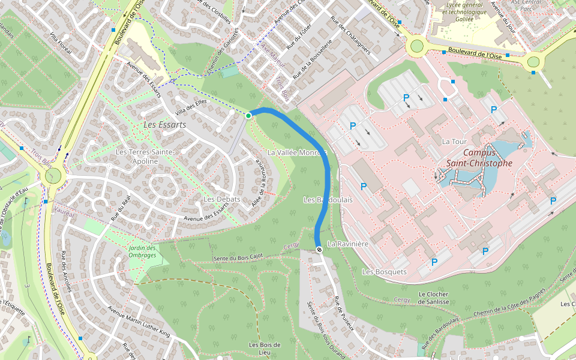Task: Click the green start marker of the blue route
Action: pos(248,115)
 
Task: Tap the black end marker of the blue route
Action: pos(319,250)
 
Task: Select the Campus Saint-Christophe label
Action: pos(479,157)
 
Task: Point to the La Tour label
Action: pos(454,142)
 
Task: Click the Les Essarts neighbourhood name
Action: pos(165,125)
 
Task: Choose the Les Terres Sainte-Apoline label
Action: pos(145,157)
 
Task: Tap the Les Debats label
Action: pos(221,199)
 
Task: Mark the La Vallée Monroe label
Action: pos(297,152)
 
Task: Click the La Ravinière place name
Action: pos(348,244)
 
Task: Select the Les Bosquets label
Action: pos(384,272)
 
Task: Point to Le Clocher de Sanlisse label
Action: pos(434,298)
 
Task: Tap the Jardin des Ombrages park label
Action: pos(142,251)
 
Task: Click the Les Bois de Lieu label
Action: pos(265,349)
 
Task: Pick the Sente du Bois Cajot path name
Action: pos(238,258)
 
